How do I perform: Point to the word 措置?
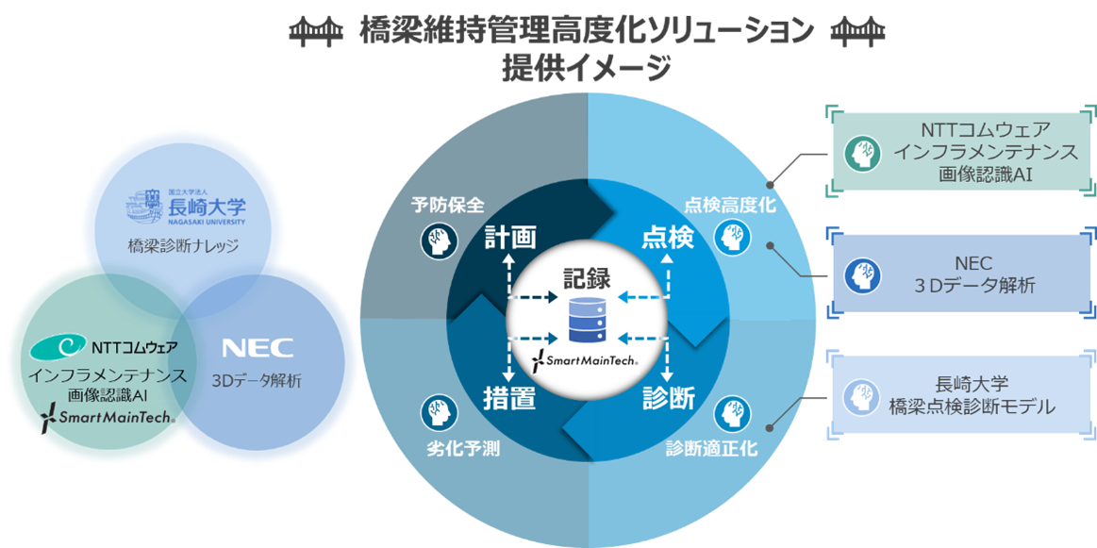click(x=510, y=399)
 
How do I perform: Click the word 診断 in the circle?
click(x=668, y=399)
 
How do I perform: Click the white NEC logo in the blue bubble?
click(x=258, y=347)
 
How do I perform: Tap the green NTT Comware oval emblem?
click(x=58, y=349)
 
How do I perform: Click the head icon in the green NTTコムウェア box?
click(x=863, y=152)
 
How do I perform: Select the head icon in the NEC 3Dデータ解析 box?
click(x=863, y=273)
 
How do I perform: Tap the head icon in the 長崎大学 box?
click(x=863, y=395)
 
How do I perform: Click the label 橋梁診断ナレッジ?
click(x=185, y=247)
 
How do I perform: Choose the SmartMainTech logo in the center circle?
click(x=587, y=359)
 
